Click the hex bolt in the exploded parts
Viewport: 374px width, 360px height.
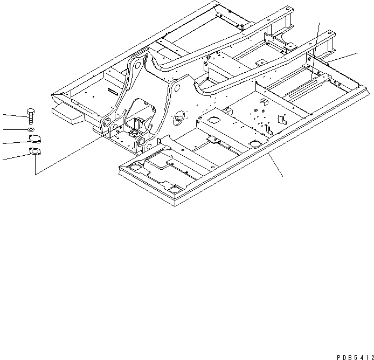coord(31,115)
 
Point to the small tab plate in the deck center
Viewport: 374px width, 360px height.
coord(280,120)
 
